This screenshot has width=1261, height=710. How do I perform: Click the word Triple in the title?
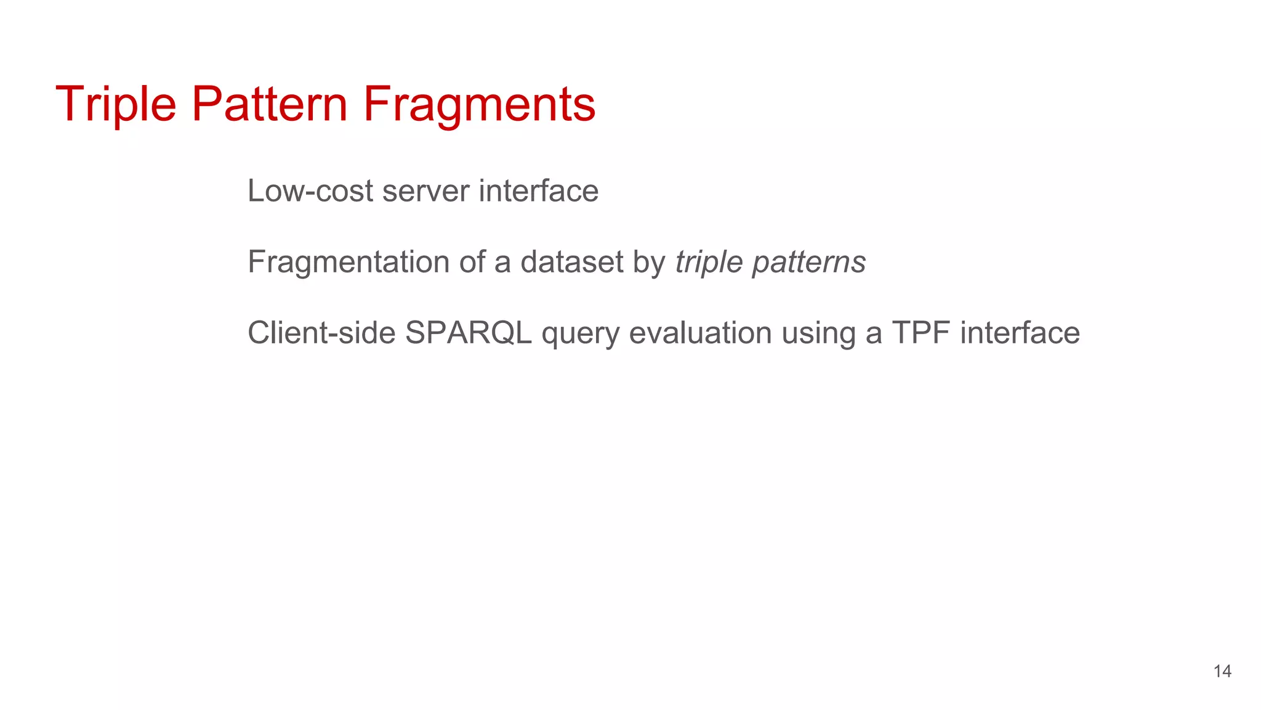[x=116, y=104]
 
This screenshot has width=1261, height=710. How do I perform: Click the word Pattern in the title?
[x=270, y=104]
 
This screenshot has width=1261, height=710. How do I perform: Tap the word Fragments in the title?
[x=479, y=104]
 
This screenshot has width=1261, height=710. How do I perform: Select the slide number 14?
[x=1222, y=671]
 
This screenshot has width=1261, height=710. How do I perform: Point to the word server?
[x=425, y=191]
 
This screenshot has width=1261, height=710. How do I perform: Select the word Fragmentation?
[x=348, y=263]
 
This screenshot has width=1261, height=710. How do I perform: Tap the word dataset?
[x=572, y=263]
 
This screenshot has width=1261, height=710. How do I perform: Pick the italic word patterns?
[x=809, y=263]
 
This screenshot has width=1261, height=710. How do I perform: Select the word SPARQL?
[x=468, y=333]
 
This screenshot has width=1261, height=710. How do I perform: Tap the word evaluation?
[x=700, y=333]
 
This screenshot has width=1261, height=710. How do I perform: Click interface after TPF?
[x=1020, y=333]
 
